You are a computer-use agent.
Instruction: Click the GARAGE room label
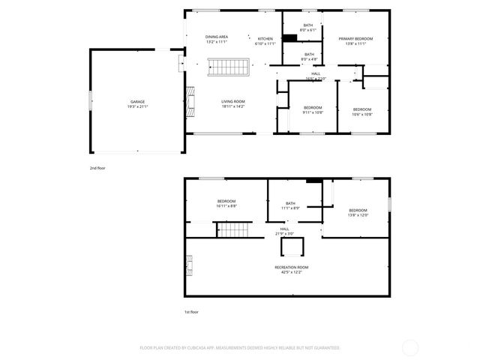coord(137,101)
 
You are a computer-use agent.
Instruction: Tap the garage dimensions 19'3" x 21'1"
coord(137,106)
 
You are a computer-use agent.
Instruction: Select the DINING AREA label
coord(217,37)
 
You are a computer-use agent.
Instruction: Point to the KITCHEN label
coord(265,38)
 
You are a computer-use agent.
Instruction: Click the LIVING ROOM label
coord(232,101)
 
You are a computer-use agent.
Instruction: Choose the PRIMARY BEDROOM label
coord(355,38)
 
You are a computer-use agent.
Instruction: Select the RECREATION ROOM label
coord(292,267)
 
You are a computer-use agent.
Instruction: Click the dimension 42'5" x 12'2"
coord(292,272)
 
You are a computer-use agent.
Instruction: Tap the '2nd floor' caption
coord(97,168)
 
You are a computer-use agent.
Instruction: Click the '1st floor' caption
coord(192,311)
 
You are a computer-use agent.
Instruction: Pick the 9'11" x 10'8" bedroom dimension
coord(313,113)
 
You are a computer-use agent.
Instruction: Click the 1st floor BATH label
coord(290,202)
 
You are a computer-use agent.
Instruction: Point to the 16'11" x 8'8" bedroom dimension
coord(226,205)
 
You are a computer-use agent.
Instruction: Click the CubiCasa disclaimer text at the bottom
coord(240,348)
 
